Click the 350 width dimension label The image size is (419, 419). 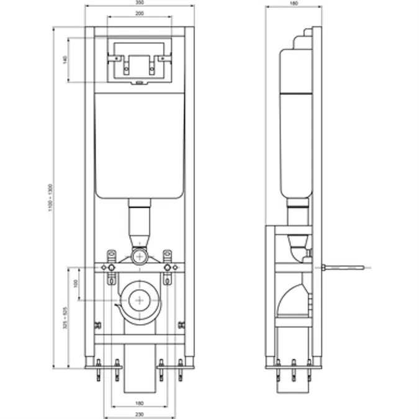click(140, 3)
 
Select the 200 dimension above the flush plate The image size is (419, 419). click(140, 13)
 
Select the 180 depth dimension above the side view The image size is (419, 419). click(294, 3)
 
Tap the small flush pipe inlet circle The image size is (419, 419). click(140, 256)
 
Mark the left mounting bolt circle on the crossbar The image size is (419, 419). click(112, 268)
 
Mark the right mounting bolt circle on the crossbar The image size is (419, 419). click(167, 268)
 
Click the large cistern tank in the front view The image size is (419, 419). click(140, 146)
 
